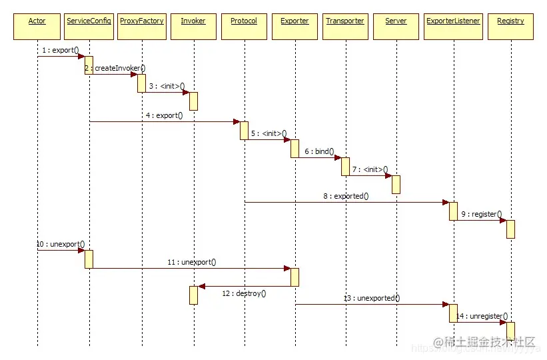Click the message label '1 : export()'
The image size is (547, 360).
[x=60, y=50]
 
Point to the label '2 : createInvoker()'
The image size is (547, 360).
[x=115, y=68]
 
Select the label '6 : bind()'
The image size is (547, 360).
[x=320, y=152]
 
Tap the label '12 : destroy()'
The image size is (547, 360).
[x=244, y=293]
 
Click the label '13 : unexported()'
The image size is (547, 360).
[x=372, y=298]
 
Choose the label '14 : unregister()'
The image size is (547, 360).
[x=482, y=316]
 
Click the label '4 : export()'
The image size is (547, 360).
[x=165, y=115]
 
